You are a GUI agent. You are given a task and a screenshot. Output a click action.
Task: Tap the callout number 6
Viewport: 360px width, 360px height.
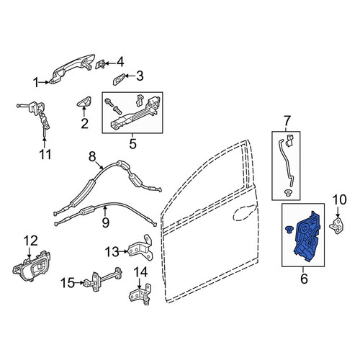click(304, 279)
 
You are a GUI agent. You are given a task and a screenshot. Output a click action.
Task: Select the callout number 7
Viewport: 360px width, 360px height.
click(287, 121)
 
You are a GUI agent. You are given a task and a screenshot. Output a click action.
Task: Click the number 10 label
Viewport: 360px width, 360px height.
click(340, 199)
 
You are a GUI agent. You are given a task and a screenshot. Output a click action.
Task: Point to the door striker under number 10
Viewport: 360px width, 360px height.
click(336, 226)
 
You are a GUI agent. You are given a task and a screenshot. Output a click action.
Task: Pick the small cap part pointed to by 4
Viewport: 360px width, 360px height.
click(100, 64)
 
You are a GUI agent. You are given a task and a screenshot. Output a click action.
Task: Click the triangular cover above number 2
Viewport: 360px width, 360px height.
click(84, 102)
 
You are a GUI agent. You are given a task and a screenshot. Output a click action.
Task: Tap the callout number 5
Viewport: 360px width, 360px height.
click(132, 144)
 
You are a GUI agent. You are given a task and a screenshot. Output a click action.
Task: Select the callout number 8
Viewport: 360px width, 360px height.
click(92, 157)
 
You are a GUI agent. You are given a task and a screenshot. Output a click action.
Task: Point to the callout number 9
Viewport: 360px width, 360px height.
click(106, 222)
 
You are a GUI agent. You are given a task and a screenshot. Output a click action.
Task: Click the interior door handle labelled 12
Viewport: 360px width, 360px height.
click(31, 266)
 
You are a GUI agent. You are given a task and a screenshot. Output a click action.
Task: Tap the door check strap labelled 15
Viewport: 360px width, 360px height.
click(103, 279)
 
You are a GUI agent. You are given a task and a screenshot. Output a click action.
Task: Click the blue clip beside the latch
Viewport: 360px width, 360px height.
click(288, 229)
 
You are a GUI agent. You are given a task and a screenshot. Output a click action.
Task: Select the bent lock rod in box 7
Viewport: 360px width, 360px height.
click(287, 163)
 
